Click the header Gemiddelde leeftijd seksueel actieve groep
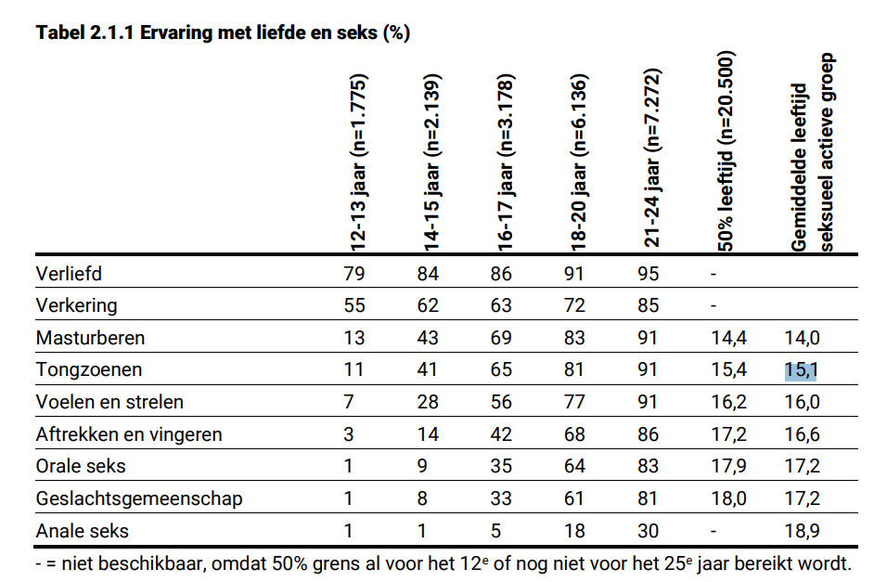click(x=808, y=153)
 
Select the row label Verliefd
click(x=68, y=274)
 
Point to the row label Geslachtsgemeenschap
click(x=139, y=498)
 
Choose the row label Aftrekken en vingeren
click(x=129, y=433)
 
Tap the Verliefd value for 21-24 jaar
click(x=649, y=274)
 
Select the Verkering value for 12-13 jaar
click(x=354, y=305)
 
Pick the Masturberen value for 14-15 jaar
click(x=428, y=338)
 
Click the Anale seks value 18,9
click(x=802, y=531)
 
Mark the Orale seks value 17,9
click(x=729, y=466)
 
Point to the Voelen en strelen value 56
click(x=502, y=402)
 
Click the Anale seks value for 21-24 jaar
click(x=649, y=531)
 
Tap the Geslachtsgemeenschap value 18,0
click(x=729, y=498)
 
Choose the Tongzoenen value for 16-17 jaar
click(x=502, y=370)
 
